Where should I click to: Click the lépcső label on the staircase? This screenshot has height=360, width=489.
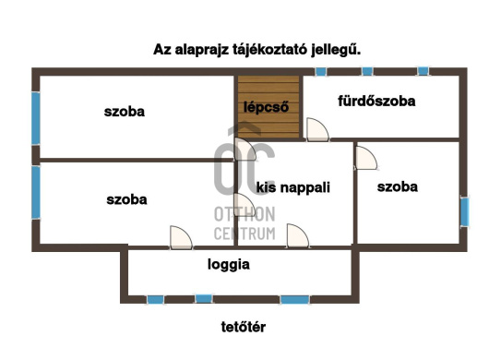pyautogui.click(x=267, y=106)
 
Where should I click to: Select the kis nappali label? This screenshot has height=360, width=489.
pyautogui.click(x=293, y=186)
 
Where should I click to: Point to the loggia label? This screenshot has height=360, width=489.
pyautogui.click(x=229, y=264)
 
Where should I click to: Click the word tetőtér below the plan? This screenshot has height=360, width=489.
pyautogui.click(x=244, y=326)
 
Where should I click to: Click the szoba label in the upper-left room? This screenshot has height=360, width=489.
pyautogui.click(x=125, y=112)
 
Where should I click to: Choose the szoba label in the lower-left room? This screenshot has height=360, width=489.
pyautogui.click(x=126, y=198)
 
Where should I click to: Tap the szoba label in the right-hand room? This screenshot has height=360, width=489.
pyautogui.click(x=398, y=186)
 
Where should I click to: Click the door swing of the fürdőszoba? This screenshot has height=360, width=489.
pyautogui.click(x=316, y=130)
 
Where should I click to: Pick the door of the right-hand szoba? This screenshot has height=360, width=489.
pyautogui.click(x=366, y=156)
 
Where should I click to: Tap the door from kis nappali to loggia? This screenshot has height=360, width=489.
pyautogui.click(x=297, y=237)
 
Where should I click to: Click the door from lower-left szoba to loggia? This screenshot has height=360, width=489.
pyautogui.click(x=181, y=237)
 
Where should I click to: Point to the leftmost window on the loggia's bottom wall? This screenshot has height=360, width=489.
pyautogui.click(x=155, y=299)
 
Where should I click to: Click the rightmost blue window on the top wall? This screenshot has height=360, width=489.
pyautogui.click(x=423, y=71)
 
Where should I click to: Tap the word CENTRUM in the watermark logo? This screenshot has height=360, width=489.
pyautogui.click(x=244, y=234)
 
